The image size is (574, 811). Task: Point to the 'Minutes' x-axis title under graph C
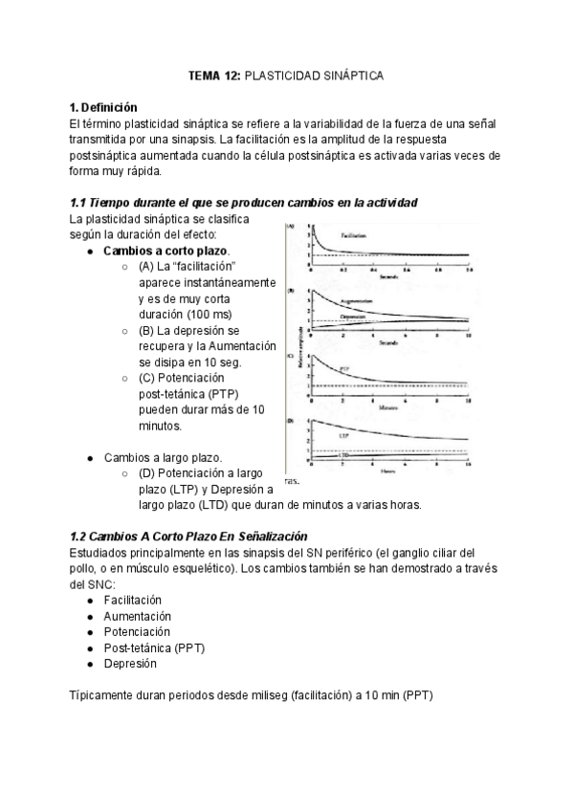(386, 406)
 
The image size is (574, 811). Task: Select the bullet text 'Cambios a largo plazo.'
(164, 458)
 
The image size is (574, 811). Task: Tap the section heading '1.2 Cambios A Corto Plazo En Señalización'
(188, 537)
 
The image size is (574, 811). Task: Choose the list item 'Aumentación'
(137, 616)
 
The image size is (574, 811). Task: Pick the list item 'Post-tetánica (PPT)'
(154, 647)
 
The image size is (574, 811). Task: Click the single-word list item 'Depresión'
(130, 663)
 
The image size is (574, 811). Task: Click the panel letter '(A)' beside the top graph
(291, 228)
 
